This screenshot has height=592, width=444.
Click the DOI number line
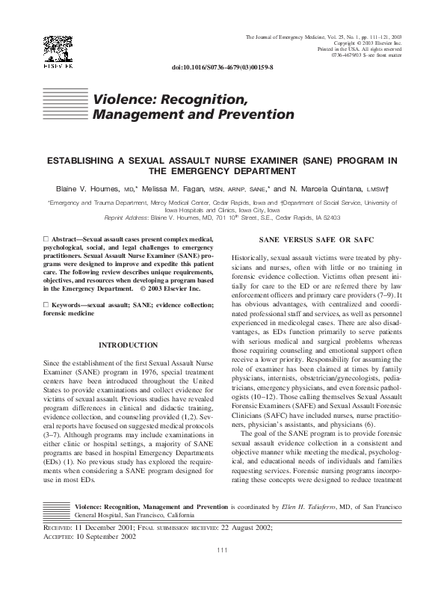(222, 67)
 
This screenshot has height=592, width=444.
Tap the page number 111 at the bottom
(221, 571)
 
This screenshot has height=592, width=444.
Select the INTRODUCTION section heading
(129, 345)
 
